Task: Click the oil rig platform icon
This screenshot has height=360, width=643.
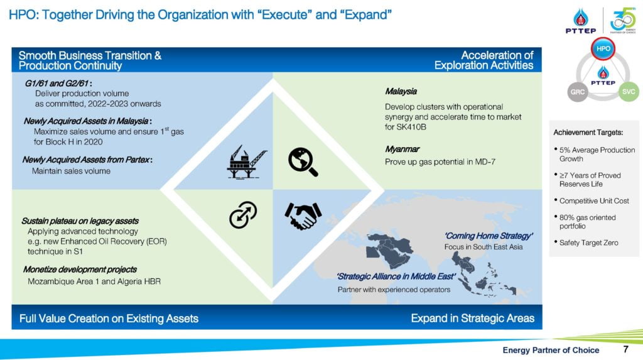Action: tap(247, 161)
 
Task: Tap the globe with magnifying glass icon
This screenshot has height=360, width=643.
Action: tap(303, 161)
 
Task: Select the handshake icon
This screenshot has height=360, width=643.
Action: tap(303, 215)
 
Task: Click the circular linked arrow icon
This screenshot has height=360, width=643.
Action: tap(243, 215)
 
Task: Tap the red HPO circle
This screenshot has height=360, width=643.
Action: tap(603, 49)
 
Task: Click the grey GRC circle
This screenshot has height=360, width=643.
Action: tap(578, 92)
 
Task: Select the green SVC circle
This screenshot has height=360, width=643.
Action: tap(628, 92)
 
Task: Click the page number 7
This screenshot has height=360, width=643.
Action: tap(626, 349)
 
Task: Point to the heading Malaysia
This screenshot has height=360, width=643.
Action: tap(401, 91)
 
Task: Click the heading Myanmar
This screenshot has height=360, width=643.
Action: tap(402, 149)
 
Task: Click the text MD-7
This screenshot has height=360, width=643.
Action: tap(485, 162)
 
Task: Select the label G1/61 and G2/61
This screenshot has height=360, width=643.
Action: tap(57, 84)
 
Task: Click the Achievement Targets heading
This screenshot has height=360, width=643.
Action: tap(588, 133)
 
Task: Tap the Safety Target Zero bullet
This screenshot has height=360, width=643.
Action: tap(588, 243)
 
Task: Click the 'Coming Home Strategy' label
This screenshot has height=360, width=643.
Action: tap(489, 236)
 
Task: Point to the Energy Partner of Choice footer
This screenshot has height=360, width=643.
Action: tap(551, 350)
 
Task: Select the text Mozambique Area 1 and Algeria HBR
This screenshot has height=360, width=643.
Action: tap(94, 281)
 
